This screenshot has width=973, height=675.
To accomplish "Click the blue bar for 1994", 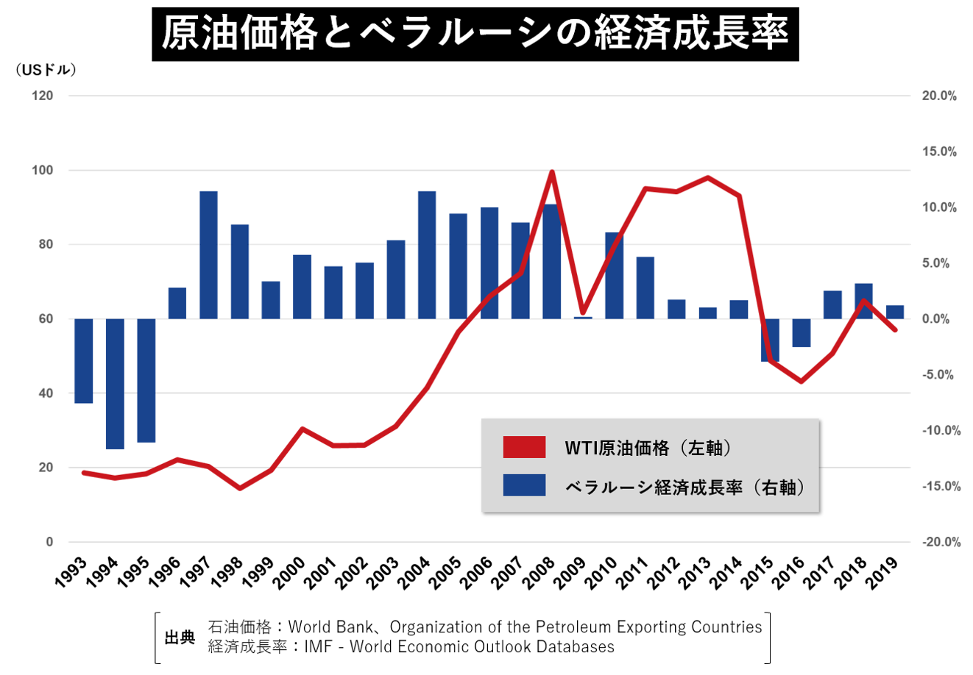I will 115,383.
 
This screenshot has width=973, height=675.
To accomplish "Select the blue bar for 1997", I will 208,255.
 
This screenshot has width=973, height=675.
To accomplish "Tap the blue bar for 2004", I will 427,255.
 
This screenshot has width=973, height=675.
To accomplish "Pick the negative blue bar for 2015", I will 770,340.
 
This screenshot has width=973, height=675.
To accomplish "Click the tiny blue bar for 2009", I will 583,318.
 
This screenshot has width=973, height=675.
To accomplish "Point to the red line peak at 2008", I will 552,172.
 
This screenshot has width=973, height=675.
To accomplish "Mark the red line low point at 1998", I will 240,488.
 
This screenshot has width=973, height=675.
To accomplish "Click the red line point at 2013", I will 707,177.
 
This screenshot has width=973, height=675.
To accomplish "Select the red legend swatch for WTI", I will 524,447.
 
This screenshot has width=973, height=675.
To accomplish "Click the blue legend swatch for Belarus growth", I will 524,485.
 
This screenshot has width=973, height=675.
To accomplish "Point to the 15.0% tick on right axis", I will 939,152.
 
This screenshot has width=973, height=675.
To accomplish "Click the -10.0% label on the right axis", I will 941,431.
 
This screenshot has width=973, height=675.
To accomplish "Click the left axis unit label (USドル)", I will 46,71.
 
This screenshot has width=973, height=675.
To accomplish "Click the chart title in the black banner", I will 475,34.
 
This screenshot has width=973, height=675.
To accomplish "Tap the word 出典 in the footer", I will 180,637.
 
